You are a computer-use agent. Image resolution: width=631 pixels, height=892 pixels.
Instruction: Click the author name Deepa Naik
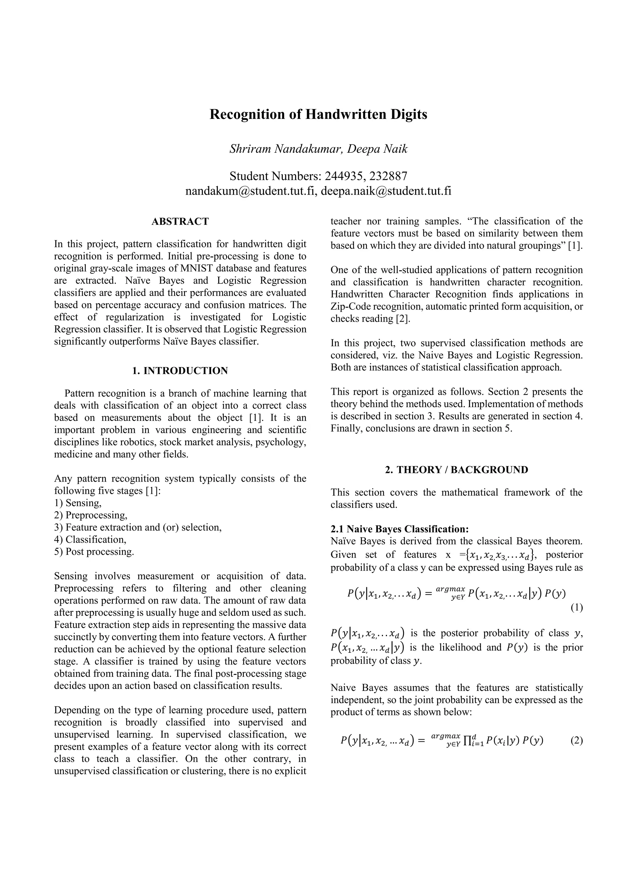pos(377,149)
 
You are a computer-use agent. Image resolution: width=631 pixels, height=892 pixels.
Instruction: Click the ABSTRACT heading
pos(180,221)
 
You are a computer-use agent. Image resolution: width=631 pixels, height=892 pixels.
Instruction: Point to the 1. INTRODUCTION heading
pos(180,371)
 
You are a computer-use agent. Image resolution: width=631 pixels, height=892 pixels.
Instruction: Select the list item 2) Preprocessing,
pos(91,515)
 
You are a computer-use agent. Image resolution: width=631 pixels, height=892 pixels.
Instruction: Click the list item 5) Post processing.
pos(94,552)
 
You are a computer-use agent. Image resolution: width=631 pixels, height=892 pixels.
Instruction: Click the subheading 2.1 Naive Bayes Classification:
pos(400,529)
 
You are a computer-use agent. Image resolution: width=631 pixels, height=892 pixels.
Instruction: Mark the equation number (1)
pos(576,608)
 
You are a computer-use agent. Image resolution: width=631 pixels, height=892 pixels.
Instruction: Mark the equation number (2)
pos(576,741)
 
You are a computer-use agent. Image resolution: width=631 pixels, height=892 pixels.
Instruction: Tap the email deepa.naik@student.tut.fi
pos(386,191)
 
